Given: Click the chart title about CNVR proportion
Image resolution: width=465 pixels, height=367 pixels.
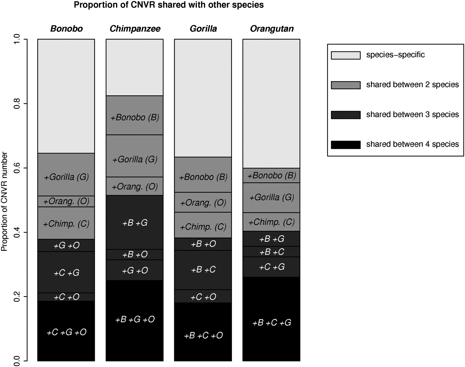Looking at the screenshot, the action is [169, 5].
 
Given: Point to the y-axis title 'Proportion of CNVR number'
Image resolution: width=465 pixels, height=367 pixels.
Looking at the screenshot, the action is [4, 202].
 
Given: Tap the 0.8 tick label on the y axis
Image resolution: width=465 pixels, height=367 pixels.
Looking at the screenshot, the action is [17, 104].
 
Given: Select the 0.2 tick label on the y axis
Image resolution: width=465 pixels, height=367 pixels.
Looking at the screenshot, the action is [17, 296].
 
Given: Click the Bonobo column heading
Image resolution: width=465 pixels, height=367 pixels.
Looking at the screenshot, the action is [66, 28].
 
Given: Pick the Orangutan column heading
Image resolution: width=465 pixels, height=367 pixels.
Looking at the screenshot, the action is [272, 28].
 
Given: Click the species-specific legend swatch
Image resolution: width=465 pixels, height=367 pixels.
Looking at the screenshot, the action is [346, 55].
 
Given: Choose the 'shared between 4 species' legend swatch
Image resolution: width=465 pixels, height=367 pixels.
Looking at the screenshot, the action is [346, 145].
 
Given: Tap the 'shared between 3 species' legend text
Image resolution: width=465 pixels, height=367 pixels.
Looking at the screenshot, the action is [413, 114].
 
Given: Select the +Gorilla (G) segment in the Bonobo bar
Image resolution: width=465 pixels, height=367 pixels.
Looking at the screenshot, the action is [66, 174].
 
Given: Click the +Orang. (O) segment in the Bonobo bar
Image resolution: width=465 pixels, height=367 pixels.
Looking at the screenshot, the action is [66, 201].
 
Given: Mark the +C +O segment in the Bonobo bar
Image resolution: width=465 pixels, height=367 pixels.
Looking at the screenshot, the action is [66, 297].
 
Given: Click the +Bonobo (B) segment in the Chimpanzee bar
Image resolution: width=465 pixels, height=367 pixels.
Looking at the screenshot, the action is [135, 115].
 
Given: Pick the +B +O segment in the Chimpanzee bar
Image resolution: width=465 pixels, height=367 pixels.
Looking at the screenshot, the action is [135, 255].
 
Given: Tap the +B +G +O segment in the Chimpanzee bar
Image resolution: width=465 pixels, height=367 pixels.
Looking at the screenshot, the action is [135, 320].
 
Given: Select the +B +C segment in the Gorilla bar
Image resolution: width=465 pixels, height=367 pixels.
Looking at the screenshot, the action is [203, 270].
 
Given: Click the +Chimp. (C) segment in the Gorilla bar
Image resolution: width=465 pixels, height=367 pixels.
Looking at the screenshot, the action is [203, 225].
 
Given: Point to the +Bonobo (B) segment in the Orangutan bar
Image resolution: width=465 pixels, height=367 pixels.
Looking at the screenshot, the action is [272, 175].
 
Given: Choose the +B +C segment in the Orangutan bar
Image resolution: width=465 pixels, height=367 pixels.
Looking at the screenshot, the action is [272, 252].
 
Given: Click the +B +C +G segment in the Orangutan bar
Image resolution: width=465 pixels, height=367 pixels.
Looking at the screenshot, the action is [272, 319].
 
